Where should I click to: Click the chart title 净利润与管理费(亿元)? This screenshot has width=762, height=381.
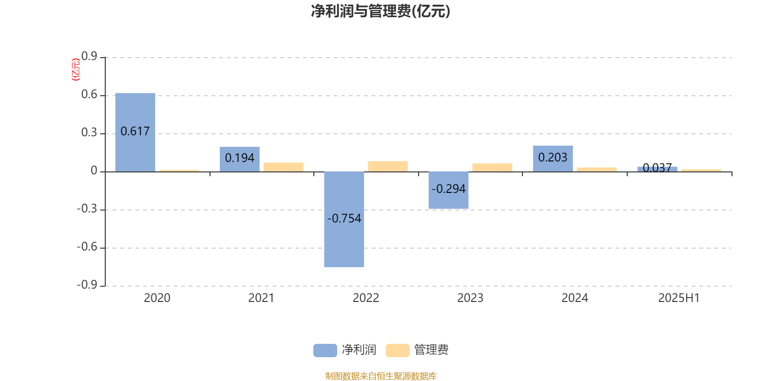click(381, 11)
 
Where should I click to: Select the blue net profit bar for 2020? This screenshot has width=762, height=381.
click(135, 132)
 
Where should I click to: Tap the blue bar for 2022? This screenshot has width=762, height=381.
click(344, 220)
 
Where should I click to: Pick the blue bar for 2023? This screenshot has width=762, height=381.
click(448, 190)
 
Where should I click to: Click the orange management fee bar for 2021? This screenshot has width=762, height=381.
click(283, 167)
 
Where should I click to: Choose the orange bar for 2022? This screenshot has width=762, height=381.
click(388, 166)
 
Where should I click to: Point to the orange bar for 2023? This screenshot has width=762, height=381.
click(492, 167)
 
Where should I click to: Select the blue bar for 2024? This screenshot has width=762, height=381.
click(553, 159)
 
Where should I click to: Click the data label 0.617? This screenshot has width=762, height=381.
click(135, 131)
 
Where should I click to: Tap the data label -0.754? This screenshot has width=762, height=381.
click(344, 219)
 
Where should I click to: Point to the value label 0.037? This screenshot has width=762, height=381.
click(657, 167)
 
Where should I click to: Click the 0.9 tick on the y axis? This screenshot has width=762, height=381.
click(89, 56)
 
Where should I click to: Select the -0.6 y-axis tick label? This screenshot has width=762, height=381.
click(87, 247)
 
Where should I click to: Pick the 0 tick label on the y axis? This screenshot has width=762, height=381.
click(94, 170)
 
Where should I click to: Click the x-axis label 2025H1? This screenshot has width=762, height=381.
click(679, 298)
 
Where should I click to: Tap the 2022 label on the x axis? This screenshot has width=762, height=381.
click(366, 298)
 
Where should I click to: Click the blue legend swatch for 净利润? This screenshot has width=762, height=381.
click(325, 351)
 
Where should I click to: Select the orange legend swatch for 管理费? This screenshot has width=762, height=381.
click(397, 351)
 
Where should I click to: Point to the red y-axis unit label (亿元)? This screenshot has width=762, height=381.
click(76, 70)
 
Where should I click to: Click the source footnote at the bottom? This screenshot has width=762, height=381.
click(381, 376)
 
